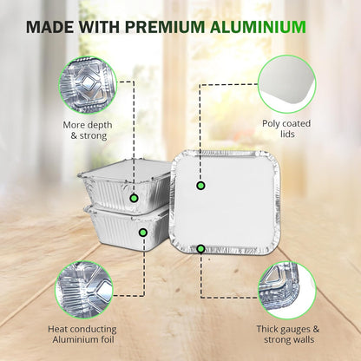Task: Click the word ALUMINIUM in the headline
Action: (x=258, y=27)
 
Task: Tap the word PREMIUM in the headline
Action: (x=165, y=27)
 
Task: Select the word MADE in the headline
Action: (x=50, y=27)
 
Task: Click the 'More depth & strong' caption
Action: (x=88, y=130)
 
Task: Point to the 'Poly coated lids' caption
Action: (x=286, y=128)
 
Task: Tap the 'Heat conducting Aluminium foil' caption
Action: (x=82, y=334)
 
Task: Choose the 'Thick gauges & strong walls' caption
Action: (x=288, y=334)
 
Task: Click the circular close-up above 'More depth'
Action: (x=88, y=85)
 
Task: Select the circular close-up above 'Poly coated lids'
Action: (x=287, y=84)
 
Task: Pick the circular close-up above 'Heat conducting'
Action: (x=84, y=290)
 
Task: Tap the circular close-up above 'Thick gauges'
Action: (x=287, y=290)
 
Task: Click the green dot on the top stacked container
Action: (x=134, y=198)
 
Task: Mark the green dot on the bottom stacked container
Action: (x=143, y=233)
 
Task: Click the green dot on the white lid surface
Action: (x=200, y=186)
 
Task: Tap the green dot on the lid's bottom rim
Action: (x=200, y=248)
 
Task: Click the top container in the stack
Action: (x=124, y=187)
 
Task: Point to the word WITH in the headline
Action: (x=100, y=27)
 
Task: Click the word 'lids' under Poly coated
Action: (x=287, y=134)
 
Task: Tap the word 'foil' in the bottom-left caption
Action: (x=107, y=339)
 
